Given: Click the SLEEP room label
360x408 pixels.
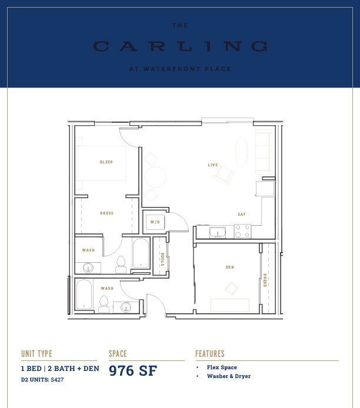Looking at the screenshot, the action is (106, 162).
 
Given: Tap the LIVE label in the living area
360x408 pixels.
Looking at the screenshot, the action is (213, 165).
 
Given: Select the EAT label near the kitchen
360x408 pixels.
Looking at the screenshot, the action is (242, 214).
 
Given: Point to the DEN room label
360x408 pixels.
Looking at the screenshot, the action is (229, 267).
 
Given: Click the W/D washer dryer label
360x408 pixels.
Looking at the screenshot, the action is (155, 222).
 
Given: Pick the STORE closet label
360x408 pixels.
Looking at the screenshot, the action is (163, 259).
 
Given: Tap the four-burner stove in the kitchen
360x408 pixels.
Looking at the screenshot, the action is (242, 231).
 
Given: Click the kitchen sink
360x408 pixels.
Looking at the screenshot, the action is (218, 232).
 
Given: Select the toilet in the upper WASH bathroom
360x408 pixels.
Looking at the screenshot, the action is (121, 265).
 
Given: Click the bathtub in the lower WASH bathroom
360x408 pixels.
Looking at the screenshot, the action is (84, 295).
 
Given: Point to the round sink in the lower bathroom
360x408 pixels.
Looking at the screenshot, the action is (126, 307).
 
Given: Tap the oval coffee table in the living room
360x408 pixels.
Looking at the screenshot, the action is (242, 152).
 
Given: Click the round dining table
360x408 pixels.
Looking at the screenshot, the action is (155, 177).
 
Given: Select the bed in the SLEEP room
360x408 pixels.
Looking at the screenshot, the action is (101, 163).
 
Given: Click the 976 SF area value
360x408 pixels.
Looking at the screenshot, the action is (133, 370).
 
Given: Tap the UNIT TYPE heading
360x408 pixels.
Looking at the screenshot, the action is (36, 353).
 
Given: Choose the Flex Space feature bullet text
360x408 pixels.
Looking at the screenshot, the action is (222, 367).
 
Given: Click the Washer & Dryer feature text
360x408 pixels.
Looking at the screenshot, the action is (229, 376).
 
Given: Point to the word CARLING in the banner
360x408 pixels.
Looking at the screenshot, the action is (180, 46).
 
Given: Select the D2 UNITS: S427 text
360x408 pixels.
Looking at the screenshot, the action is (42, 380).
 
